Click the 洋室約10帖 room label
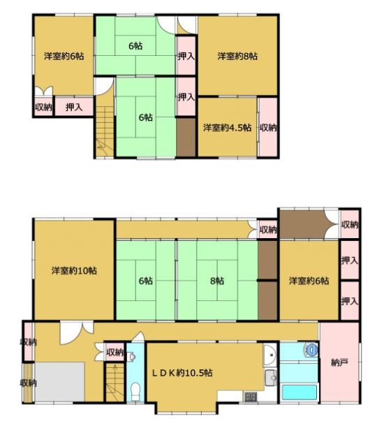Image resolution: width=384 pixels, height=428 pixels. [74, 271]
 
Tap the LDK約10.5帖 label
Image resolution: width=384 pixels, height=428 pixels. [182, 372]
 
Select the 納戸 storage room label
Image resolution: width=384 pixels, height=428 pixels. [339, 363]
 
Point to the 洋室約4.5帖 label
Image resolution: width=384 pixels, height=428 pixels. [227, 128]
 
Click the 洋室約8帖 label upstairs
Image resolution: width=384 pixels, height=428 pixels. [237, 57]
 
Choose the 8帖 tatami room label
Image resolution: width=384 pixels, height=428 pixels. [217, 281]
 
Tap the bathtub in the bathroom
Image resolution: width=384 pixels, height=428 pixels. [299, 392]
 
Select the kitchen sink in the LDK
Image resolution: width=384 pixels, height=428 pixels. [270, 378]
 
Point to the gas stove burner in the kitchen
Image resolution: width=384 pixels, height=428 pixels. [250, 397]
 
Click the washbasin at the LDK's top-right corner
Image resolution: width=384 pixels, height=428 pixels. [271, 354]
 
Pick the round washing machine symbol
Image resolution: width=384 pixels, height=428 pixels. [311, 350]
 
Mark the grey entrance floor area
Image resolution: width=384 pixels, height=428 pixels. [59, 382]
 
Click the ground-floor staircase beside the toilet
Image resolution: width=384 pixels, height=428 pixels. [115, 382]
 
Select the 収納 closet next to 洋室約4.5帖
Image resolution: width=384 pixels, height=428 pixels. [268, 127]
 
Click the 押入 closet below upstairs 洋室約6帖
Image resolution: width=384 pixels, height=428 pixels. [74, 107]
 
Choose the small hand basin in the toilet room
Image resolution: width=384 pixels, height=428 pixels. [131, 357]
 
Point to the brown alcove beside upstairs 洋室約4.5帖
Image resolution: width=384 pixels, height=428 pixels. [186, 137]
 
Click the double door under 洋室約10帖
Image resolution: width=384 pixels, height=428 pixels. [77, 332]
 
